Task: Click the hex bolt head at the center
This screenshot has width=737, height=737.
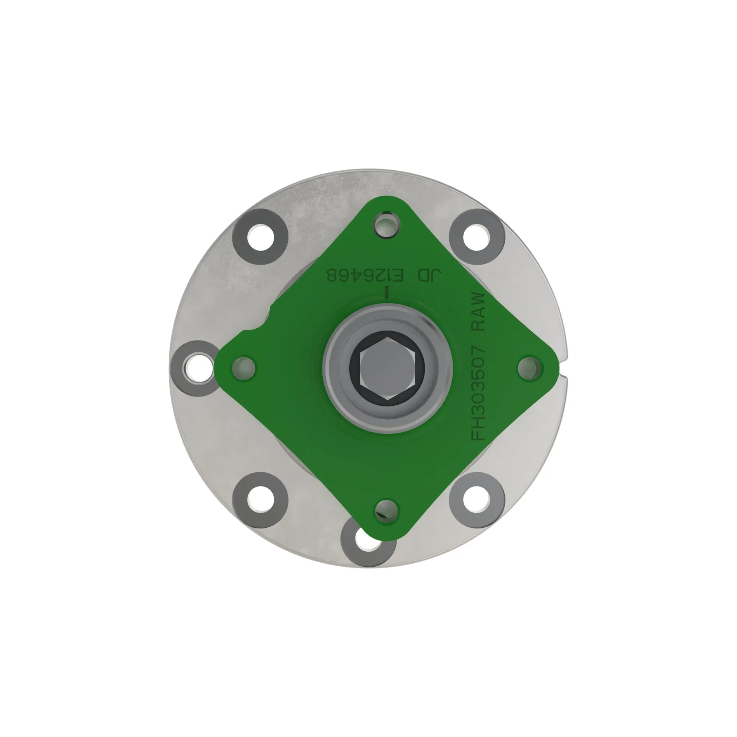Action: pos(387,368)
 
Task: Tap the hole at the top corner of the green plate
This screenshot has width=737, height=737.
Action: pos(387,224)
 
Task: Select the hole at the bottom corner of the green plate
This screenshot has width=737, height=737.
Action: pos(387,511)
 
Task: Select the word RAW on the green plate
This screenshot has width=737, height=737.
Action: pos(478,312)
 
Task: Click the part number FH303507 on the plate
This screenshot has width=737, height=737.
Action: pos(478,393)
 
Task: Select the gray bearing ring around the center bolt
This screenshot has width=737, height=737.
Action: pos(332,368)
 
